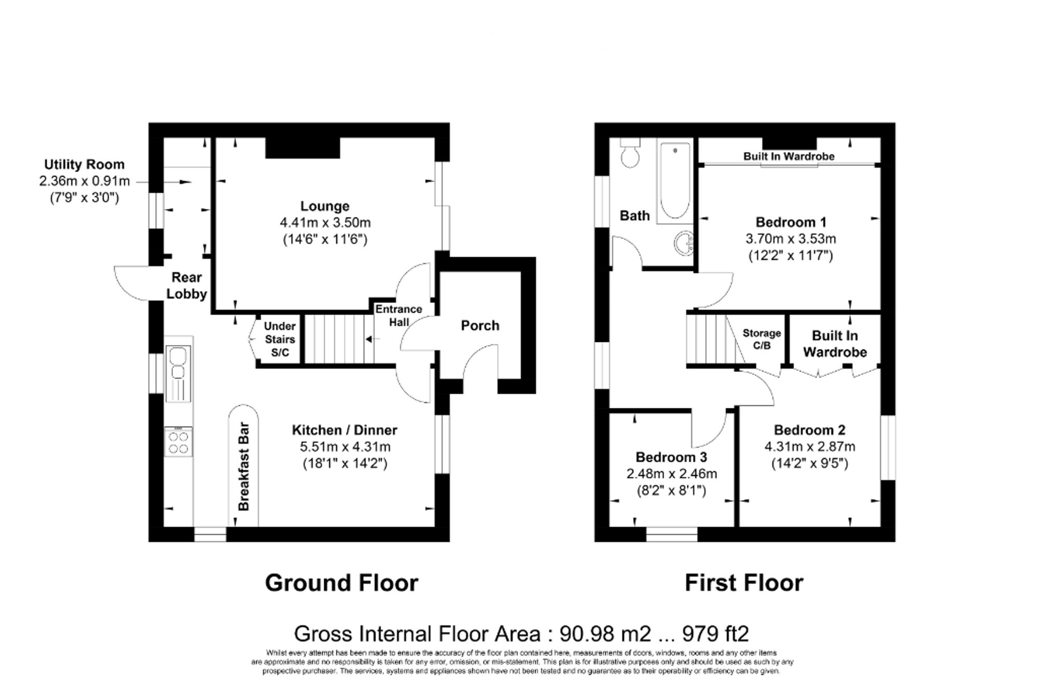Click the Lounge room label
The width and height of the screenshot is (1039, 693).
(325, 206)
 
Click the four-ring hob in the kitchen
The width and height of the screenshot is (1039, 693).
(178, 442)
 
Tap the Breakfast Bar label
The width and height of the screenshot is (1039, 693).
(244, 466)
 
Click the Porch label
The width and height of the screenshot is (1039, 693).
(479, 326)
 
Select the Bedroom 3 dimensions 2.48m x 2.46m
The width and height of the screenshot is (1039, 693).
(671, 474)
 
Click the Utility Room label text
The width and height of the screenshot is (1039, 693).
(84, 165)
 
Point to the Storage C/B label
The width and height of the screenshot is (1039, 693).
(762, 339)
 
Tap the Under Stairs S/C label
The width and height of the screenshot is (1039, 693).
(279, 339)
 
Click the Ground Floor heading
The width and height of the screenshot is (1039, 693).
(341, 583)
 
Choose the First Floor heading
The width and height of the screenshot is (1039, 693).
(743, 583)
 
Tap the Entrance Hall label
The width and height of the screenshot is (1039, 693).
(398, 315)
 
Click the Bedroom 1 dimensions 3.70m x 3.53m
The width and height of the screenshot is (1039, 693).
(790, 239)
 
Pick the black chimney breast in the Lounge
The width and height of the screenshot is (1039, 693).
(302, 148)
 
